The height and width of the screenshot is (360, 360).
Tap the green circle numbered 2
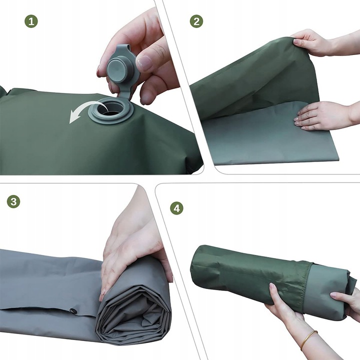[x=196, y=21]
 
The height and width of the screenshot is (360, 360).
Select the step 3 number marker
[x=14, y=201]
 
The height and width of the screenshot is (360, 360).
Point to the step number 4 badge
[x=176, y=208]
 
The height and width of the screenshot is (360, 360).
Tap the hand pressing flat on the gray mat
[x=320, y=115]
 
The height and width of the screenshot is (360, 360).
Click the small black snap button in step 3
[x=73, y=311]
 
